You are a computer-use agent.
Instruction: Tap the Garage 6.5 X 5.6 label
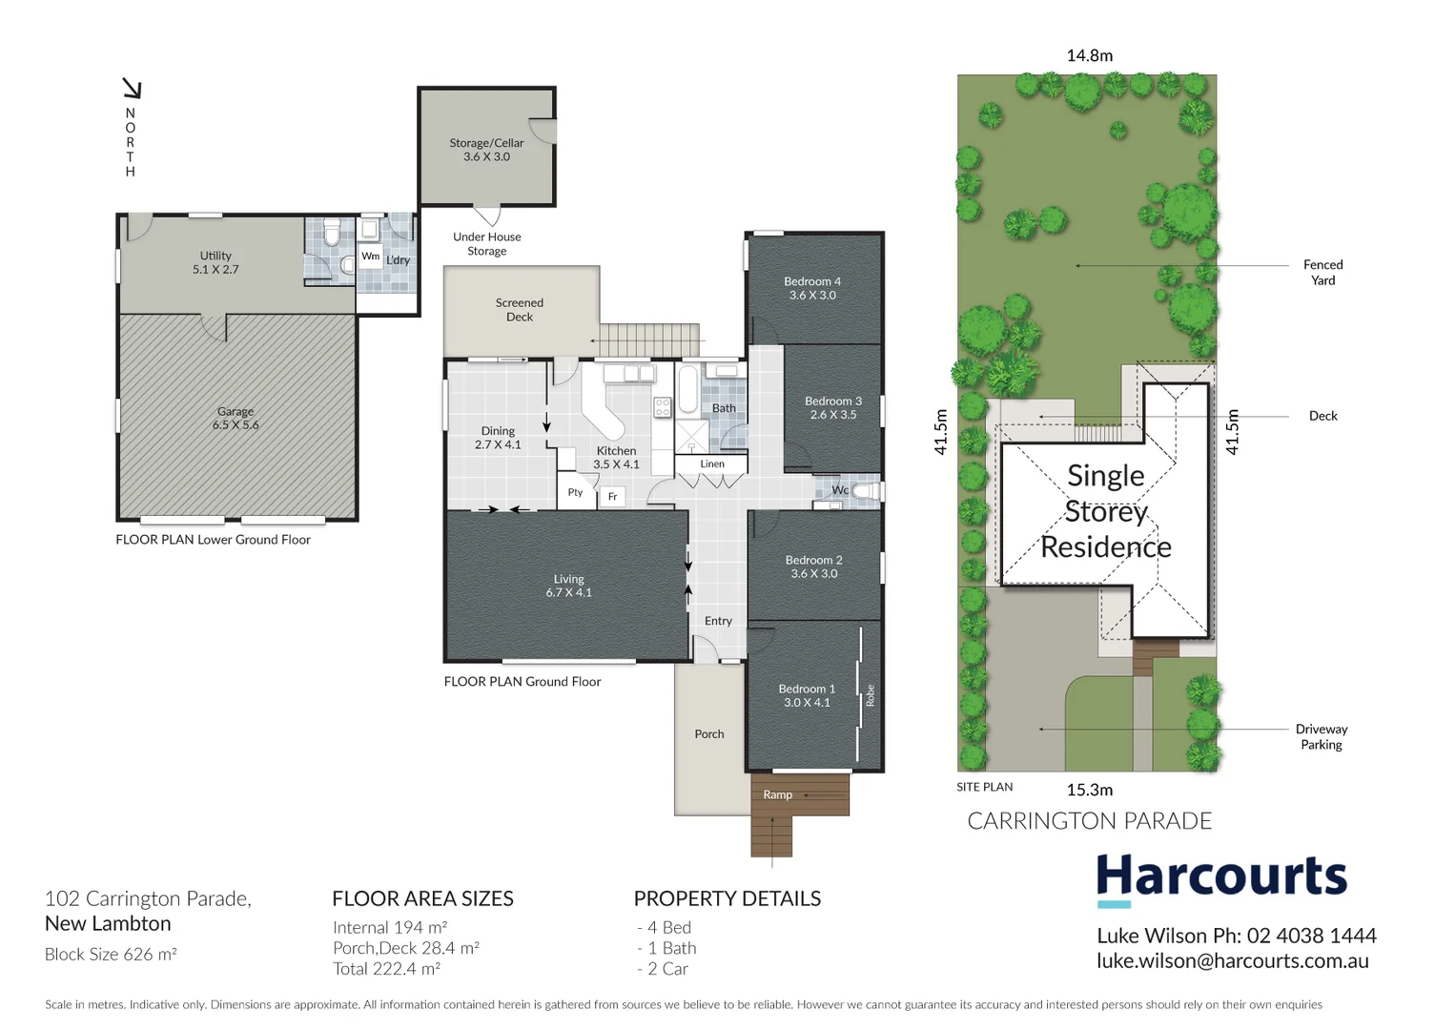point(236,419)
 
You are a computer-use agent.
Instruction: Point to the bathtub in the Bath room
point(687,390)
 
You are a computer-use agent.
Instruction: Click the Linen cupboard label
point(712,464)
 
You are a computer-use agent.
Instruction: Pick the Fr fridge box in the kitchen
point(612,496)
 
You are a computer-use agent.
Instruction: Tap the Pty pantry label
point(575,492)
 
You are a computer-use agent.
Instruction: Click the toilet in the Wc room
point(866,491)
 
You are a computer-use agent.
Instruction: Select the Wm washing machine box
point(370,257)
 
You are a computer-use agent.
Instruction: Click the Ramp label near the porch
point(778,794)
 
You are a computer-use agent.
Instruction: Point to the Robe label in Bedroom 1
point(870,696)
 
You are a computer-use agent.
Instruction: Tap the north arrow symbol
point(132,90)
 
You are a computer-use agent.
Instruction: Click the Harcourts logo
point(1221,877)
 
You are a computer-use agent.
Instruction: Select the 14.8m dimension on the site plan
point(1089,56)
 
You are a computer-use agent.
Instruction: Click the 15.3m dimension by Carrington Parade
point(1089,790)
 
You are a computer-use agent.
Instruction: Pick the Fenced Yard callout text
point(1322,273)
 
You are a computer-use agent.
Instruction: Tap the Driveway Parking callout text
point(1321,736)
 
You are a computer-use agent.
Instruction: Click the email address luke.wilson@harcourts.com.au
point(1232,961)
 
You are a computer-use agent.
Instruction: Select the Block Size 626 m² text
point(111,954)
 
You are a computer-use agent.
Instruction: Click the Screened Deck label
point(520,310)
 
